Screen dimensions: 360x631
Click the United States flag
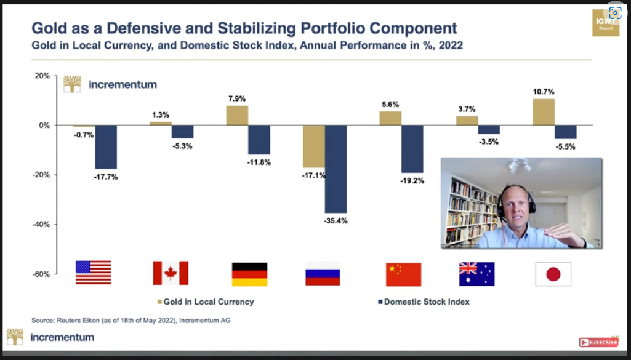[x=93, y=272]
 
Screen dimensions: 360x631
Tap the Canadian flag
[x=171, y=273]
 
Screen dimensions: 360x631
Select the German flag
[x=249, y=274]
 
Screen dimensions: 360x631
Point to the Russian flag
[x=323, y=274]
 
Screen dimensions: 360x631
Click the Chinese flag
[x=403, y=274]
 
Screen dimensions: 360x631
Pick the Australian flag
[x=476, y=274]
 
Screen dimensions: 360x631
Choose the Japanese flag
[x=553, y=274]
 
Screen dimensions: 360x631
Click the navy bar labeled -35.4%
[x=336, y=169]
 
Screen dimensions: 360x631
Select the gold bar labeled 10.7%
[x=543, y=112]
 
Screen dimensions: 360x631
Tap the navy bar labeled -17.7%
[x=105, y=147]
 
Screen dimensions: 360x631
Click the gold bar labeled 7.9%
[x=237, y=116]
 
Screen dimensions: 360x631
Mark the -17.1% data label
[x=313, y=175]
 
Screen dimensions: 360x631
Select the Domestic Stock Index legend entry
[x=423, y=302]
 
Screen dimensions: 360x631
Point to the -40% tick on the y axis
[x=41, y=225]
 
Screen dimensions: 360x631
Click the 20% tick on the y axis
[x=42, y=76]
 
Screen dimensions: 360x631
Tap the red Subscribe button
[x=598, y=342]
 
